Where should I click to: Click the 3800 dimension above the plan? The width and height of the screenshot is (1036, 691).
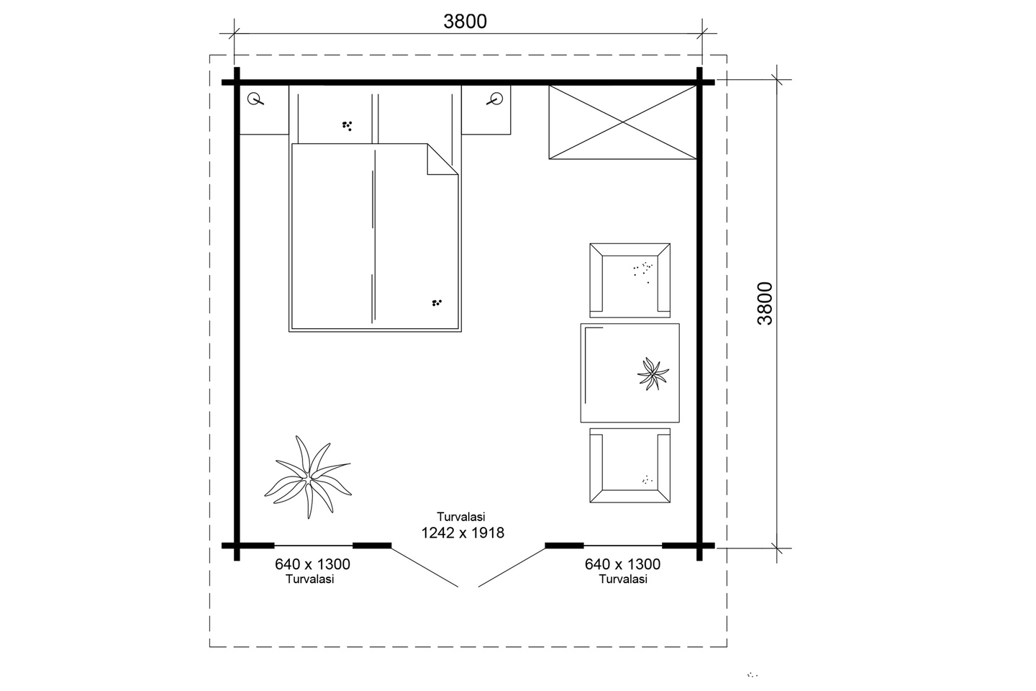point(465,22)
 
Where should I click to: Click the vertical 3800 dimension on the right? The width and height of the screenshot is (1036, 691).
point(765,303)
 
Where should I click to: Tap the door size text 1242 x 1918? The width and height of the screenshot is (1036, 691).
point(463,533)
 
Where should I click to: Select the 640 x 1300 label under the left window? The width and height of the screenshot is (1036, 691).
point(312,564)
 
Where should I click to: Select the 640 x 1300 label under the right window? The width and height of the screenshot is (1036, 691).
point(622,564)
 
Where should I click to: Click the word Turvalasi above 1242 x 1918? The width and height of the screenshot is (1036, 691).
point(461,517)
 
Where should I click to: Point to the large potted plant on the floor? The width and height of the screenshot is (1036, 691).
point(308,477)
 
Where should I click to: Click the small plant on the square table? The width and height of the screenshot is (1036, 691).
point(653,374)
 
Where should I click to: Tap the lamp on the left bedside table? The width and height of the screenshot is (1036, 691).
point(255,99)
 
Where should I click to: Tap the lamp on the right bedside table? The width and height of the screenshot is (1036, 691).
point(495,99)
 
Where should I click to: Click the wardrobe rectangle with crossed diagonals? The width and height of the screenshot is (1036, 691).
point(622,122)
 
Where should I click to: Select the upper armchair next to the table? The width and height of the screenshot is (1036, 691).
point(630,281)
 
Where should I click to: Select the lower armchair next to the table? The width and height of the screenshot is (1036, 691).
point(630,465)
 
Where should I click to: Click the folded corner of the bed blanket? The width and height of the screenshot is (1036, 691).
point(442,159)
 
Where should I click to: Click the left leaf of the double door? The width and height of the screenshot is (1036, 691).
point(424,566)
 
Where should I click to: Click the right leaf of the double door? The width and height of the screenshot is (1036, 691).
point(512,566)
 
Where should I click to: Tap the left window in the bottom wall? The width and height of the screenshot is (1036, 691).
point(314,546)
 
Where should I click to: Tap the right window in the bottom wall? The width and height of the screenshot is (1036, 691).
point(622,546)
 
